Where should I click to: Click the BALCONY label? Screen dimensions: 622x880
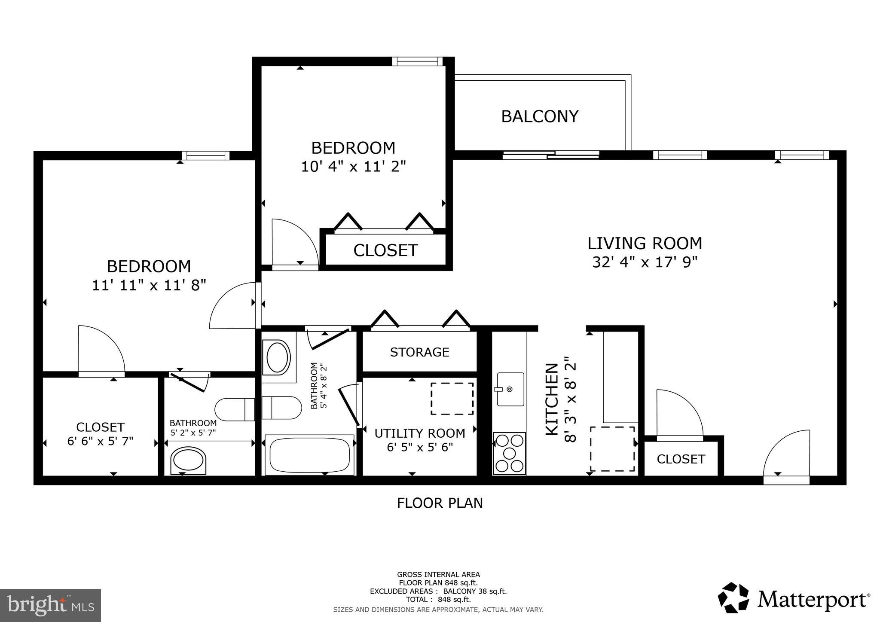(540, 116)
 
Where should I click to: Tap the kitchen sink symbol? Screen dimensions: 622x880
(510, 389)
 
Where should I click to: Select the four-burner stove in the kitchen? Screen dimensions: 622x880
(509, 453)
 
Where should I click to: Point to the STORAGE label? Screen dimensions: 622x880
(419, 352)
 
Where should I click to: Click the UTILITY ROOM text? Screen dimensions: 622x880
(419, 433)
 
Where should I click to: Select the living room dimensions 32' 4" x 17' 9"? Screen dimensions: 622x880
(645, 262)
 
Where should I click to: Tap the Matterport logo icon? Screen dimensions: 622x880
(734, 600)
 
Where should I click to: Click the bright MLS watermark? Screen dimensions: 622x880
(51, 605)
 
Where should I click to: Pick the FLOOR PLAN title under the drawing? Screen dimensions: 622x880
(440, 503)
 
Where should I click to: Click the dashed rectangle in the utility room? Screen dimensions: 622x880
(452, 399)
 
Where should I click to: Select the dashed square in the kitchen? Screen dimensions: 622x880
(612, 449)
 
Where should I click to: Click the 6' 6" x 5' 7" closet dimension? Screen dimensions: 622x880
(100, 441)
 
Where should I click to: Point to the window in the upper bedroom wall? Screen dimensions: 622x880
(417, 61)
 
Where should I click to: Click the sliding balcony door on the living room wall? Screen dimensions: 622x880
(550, 155)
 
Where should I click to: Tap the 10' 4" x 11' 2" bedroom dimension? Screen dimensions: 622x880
(353, 166)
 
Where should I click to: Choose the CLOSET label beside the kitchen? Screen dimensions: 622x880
(681, 459)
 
